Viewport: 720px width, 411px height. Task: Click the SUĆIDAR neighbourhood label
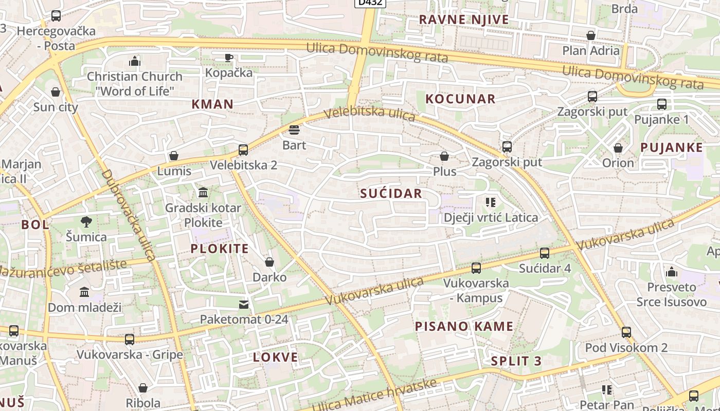click(x=391, y=194)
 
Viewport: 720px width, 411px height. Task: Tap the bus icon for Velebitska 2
click(x=243, y=150)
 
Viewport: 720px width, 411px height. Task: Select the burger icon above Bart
click(x=294, y=129)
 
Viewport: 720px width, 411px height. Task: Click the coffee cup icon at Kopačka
click(x=229, y=57)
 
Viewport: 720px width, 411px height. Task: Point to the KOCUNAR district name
click(x=460, y=99)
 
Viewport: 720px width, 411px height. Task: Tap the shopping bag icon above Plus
click(x=444, y=156)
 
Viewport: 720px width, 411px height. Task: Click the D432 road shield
click(x=370, y=3)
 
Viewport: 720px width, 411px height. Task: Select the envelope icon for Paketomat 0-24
click(x=244, y=305)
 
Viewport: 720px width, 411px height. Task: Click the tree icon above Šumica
click(x=86, y=222)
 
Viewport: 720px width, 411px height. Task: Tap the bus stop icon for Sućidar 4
click(x=545, y=253)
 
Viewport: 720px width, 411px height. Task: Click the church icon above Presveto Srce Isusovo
click(x=672, y=272)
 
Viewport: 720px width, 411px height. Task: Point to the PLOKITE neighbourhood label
click(x=220, y=249)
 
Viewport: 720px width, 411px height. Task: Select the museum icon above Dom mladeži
click(x=84, y=292)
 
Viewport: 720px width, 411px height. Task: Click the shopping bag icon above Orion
click(x=618, y=148)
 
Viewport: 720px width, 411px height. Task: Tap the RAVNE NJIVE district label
click(x=463, y=20)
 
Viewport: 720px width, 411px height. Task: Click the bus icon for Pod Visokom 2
click(x=626, y=332)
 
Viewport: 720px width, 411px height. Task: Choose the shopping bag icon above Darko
click(x=269, y=263)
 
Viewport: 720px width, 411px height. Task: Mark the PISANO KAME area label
click(x=464, y=326)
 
